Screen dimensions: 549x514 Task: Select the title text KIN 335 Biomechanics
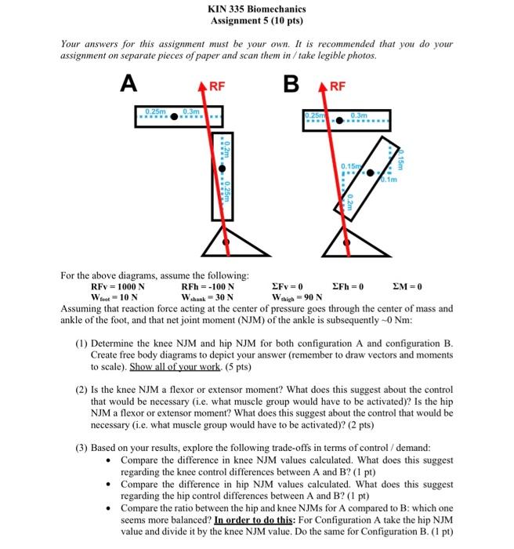point(256,9)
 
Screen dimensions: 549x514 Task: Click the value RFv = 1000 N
point(118,286)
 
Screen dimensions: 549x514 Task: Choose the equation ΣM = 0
point(407,286)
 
